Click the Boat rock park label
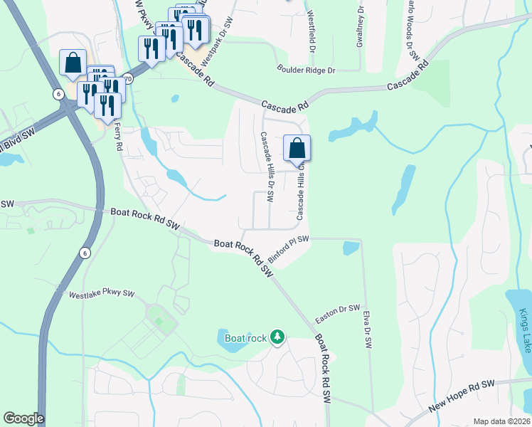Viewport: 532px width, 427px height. click(245, 338)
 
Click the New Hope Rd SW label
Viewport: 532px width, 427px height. click(462, 396)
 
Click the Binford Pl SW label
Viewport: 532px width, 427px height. click(288, 251)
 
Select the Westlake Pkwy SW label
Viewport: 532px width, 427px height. click(101, 293)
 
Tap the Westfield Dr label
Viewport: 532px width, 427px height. click(311, 35)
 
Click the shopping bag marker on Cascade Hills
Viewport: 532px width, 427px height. click(297, 149)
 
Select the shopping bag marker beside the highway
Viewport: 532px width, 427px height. click(73, 63)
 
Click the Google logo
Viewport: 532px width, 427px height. click(23, 418)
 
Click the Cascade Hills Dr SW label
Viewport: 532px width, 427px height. click(267, 169)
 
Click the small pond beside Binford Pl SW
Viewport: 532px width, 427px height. click(351, 248)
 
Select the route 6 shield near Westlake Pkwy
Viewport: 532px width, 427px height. click(85, 252)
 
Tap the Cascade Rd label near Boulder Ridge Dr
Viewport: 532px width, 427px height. click(284, 105)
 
